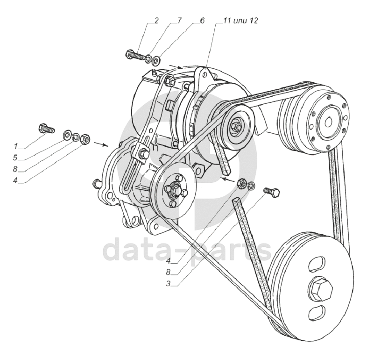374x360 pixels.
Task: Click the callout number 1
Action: click(x=16, y=146)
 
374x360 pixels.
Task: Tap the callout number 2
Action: click(x=156, y=21)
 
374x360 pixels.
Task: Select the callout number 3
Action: click(x=168, y=284)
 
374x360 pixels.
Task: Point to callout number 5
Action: click(x=15, y=158)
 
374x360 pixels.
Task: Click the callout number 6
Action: click(x=202, y=21)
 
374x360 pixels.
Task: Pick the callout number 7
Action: click(x=179, y=21)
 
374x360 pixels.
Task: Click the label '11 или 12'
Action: click(x=240, y=21)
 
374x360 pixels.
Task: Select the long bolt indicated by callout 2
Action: click(x=135, y=55)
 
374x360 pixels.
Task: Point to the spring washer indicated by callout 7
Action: click(x=148, y=58)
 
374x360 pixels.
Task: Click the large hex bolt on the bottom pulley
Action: click(x=322, y=289)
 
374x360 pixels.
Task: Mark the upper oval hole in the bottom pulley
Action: click(x=317, y=264)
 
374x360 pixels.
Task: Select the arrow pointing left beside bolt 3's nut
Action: click(x=228, y=180)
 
